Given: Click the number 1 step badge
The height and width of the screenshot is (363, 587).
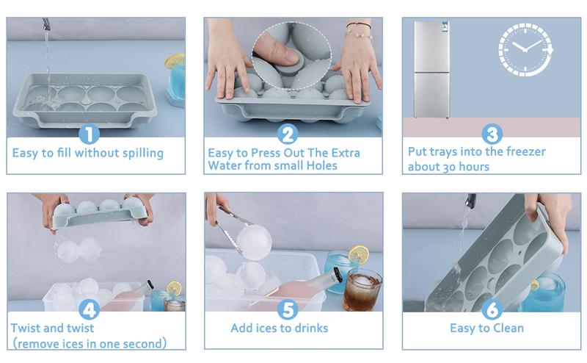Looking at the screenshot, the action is coord(89,134).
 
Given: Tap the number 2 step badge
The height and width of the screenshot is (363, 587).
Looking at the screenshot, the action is coord(288,134).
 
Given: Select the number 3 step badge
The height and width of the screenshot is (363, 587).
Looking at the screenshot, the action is coord(492,134).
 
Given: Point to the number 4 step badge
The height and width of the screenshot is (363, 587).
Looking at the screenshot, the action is coord(89,309).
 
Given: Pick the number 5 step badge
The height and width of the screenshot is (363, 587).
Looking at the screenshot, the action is coord(288,309).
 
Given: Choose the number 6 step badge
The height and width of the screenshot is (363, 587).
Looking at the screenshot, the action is coord(492,309).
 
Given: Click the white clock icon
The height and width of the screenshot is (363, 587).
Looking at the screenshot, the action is coord(526,49).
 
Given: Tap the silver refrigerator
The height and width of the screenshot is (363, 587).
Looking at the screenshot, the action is coord(431,69).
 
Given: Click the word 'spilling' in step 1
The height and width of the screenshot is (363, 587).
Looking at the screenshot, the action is coord(143,153).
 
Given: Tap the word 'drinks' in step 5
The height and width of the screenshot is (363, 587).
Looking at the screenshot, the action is coord(311,328).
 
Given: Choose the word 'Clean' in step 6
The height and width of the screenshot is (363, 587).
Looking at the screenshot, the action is coord(508,328).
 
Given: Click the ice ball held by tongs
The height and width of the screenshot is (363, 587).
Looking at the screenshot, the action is coord(254,242).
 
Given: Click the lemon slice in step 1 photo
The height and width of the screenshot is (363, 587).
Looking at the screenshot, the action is coord(175,61).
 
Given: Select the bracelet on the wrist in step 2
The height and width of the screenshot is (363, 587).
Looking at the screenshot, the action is coord(358,26).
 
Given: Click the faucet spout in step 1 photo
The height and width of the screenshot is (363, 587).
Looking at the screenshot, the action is coord(46,25).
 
